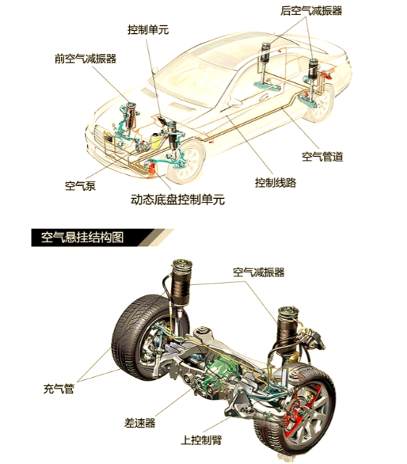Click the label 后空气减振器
coord(311,11)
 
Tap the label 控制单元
coord(148,29)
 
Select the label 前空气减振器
coord(86,59)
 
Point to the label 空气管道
coord(322,156)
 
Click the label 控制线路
coord(276,182)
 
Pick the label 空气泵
coord(81,186)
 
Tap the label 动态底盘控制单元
coord(177,200)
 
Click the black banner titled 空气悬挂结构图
coord(102,238)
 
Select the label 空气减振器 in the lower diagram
coord(259,272)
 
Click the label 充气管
coord(59,388)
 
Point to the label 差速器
coord(139,423)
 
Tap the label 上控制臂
coord(201,440)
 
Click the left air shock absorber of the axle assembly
coord(181,284)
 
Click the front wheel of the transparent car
coord(187,162)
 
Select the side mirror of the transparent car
coord(234,102)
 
